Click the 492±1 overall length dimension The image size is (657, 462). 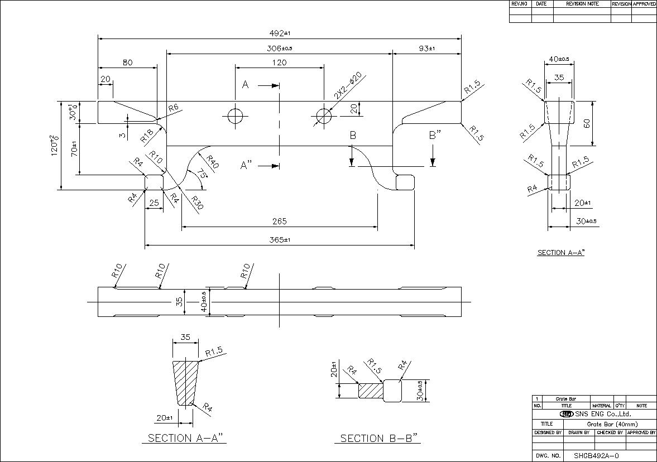click(x=280, y=33)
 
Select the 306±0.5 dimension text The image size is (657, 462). click(x=280, y=49)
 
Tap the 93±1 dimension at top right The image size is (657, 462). click(x=427, y=49)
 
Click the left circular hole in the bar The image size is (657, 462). click(x=235, y=116)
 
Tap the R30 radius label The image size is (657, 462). click(x=197, y=203)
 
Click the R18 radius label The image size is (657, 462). click(x=147, y=134)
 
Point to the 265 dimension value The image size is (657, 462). click(x=280, y=222)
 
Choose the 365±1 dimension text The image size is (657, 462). click(x=280, y=240)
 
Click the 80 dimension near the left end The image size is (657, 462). click(x=127, y=63)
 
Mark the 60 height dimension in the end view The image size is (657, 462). click(x=587, y=123)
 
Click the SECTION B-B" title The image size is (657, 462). click(x=380, y=439)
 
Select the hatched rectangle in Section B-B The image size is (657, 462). click(x=370, y=389)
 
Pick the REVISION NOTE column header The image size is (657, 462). click(x=582, y=4)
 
